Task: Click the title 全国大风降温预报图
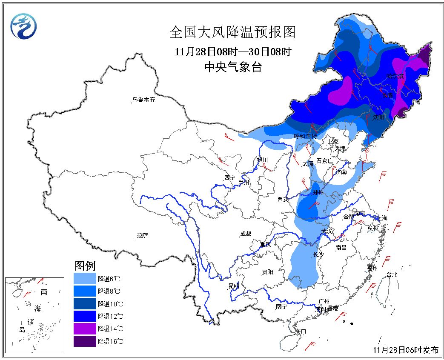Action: click(232, 32)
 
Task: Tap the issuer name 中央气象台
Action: click(232, 67)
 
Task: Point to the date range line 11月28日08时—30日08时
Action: click(232, 51)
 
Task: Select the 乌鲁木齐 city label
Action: click(143, 100)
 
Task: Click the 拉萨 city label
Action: click(143, 235)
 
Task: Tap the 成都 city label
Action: click(246, 234)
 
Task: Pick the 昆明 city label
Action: click(234, 286)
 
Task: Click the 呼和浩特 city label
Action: click(305, 136)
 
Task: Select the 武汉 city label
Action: click(327, 231)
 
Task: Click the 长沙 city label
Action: click(318, 254)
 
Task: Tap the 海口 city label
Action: click(301, 331)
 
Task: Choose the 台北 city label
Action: click(391, 274)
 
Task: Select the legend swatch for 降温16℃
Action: click(85, 341)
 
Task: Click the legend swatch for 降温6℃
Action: click(85, 279)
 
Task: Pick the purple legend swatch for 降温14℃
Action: click(85, 329)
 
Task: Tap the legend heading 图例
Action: click(85, 266)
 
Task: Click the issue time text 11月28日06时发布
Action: click(405, 350)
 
